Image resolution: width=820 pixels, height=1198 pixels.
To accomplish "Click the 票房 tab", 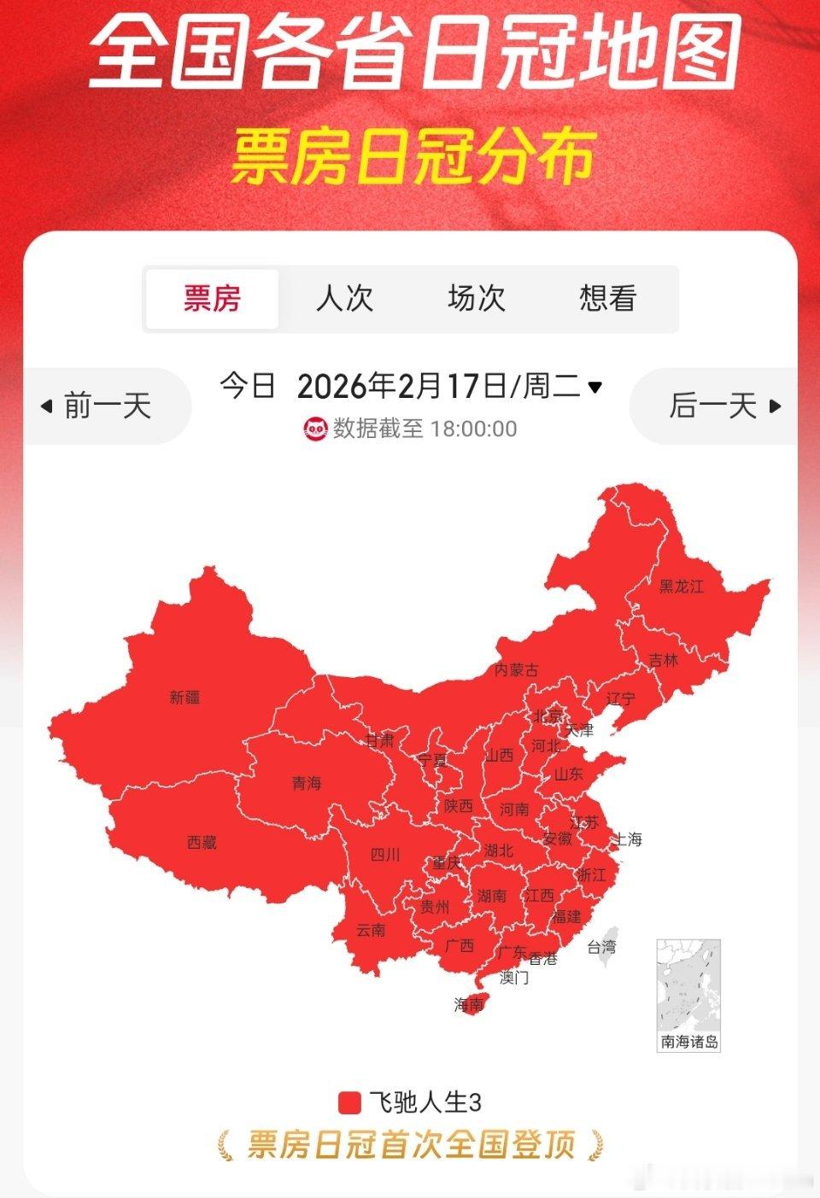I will pos(212,299).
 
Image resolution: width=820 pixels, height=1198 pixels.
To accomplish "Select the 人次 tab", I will pos(344,299).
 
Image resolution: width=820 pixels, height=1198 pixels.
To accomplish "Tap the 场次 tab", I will pos(476,299).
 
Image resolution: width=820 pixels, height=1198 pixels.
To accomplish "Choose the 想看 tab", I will pos(607,299).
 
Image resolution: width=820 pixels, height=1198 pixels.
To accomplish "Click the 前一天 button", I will pos(97,406).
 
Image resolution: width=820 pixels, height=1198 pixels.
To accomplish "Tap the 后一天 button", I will pos(723,406).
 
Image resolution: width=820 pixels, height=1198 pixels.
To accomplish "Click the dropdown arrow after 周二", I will pos(595,387).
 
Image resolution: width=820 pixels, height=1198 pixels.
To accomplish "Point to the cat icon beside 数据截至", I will pos(315,428).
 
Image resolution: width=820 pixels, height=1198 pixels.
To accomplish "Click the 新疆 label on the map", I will pos(184,697).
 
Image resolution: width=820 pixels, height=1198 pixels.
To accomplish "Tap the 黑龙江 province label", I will pos(681,586).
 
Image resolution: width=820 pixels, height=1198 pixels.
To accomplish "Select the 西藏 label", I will pos(202,842).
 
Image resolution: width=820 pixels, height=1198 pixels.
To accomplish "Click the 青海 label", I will pos(306,782).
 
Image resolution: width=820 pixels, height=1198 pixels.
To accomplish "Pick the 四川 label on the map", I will pos(385,854).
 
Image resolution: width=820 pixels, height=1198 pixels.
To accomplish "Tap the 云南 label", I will pos(371,930).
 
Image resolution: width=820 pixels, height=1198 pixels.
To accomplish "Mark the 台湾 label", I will pos(600,946).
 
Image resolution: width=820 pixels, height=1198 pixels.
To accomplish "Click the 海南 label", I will pos(469,1005).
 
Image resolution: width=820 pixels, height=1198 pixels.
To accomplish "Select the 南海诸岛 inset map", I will pos(688,994).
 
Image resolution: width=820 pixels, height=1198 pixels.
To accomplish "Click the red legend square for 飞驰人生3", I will pos(349,1102).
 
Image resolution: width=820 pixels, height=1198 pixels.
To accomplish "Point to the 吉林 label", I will pos(663,659).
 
